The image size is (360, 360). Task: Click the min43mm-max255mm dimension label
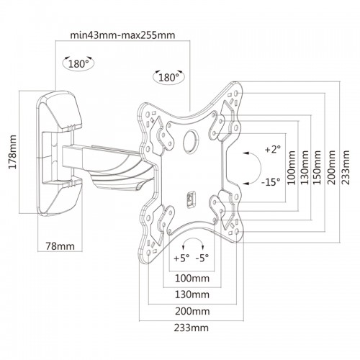(122, 35)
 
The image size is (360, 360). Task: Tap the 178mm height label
(12, 152)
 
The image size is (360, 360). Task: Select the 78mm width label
(60, 246)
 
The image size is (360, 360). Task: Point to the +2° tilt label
(272, 149)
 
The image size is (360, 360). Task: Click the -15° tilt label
(271, 182)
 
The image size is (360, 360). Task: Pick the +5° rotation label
(181, 258)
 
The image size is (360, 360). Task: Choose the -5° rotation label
(202, 258)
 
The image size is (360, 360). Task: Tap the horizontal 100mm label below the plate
(192, 279)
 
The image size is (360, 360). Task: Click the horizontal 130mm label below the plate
(192, 294)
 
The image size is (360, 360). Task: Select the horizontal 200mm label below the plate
(192, 311)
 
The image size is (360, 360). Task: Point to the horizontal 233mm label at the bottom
(192, 328)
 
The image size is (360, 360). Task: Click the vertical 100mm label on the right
(292, 168)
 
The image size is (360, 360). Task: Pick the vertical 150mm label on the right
(318, 168)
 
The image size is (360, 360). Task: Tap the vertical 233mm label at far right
(346, 168)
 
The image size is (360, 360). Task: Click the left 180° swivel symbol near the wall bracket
(78, 63)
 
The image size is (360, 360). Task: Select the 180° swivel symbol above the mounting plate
(168, 77)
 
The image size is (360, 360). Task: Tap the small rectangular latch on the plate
(191, 199)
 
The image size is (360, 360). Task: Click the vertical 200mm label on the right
(331, 168)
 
